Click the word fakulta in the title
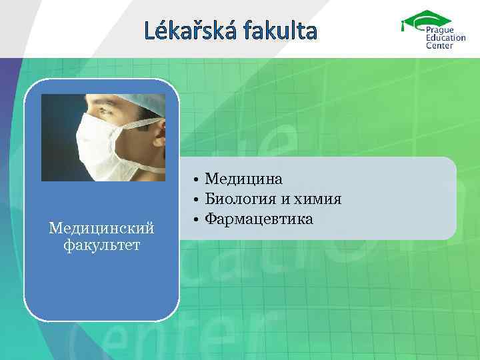pos(283,30)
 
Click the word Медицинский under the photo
pos(101,229)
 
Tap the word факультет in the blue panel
pos(101,245)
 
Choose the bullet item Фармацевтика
pos(259,218)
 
